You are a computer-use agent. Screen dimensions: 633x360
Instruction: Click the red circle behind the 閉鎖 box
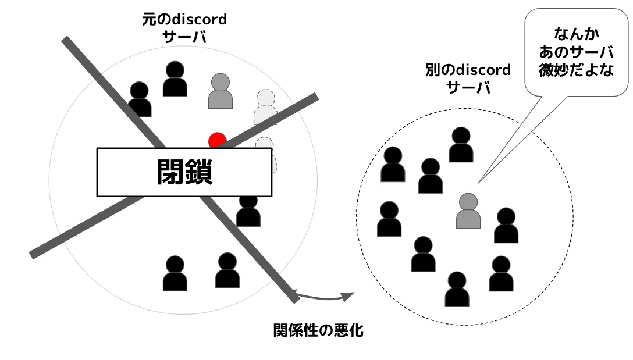tap(217, 140)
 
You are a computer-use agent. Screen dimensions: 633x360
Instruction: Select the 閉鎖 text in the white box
tap(184, 172)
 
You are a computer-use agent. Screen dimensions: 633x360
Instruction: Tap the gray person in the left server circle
tap(221, 91)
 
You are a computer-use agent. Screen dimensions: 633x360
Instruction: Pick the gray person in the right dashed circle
tap(468, 211)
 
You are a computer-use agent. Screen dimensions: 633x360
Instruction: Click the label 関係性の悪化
tap(318, 330)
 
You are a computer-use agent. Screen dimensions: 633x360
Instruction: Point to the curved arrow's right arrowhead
tap(348, 296)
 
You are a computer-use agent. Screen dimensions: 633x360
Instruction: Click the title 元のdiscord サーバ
tap(184, 28)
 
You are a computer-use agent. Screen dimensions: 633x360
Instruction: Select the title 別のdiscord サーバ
tap(468, 79)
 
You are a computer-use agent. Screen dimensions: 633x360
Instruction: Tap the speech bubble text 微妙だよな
tap(577, 70)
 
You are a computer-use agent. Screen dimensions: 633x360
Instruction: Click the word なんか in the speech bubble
tap(577, 34)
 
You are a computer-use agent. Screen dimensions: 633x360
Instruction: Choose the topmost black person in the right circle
tap(461, 144)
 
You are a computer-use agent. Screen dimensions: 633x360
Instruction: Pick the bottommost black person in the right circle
tap(457, 289)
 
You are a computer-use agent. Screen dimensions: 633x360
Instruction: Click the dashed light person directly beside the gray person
tap(266, 107)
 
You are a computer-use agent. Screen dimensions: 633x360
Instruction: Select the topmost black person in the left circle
tap(175, 79)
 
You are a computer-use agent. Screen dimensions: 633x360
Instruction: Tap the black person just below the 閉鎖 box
tap(248, 210)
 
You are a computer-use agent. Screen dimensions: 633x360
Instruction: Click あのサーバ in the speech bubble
tap(577, 52)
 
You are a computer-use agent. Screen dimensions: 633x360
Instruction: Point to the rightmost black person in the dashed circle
tap(506, 225)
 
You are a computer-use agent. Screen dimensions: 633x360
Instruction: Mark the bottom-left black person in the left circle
tap(175, 273)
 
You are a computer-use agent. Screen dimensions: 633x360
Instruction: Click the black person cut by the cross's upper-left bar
tap(140, 99)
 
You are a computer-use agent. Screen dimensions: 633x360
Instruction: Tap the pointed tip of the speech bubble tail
tap(479, 183)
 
